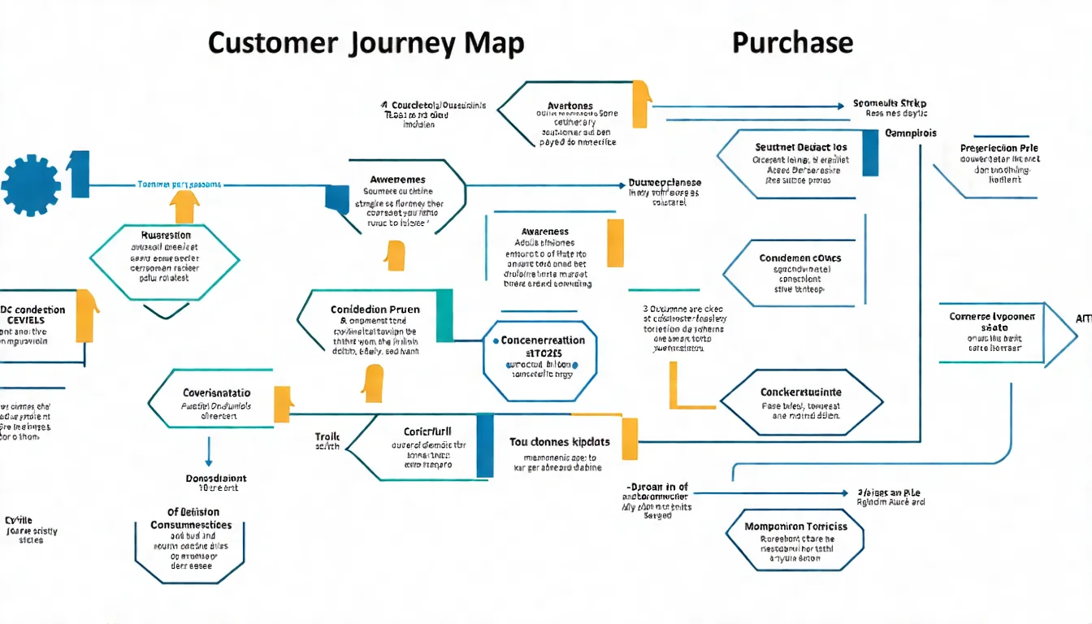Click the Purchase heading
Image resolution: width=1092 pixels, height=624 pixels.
coord(792,42)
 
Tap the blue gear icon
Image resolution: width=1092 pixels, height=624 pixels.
coord(31,185)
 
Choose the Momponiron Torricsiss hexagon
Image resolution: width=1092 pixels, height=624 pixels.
coord(795,540)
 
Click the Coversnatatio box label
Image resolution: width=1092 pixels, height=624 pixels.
coord(216,392)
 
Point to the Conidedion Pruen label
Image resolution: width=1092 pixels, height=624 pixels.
coord(375,310)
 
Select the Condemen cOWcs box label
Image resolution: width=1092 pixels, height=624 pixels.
coord(800,258)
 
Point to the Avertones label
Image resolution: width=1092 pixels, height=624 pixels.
coord(570,106)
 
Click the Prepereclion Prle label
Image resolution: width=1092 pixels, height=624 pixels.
coord(999,149)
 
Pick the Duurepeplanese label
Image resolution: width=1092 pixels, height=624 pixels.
coord(665,183)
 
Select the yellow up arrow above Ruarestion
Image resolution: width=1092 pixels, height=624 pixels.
coord(185,206)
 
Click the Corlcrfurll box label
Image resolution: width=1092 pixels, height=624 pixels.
coord(427,431)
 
